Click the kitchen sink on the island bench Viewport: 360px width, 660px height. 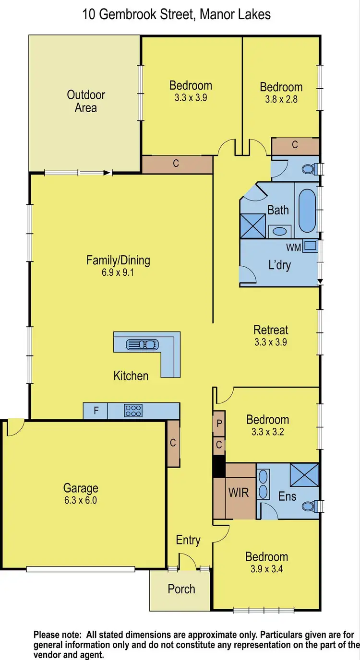[141, 344]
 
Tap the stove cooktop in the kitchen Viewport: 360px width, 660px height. [133, 411]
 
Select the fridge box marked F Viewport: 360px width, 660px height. [96, 411]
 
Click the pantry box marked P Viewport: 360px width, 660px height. [219, 423]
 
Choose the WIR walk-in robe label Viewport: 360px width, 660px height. [239, 492]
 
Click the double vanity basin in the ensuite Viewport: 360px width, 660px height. [264, 484]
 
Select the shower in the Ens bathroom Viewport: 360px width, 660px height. [304, 476]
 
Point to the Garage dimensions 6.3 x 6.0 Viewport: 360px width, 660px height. [81, 501]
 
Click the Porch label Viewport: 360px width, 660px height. [181, 589]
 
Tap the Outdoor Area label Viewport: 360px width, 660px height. [86, 101]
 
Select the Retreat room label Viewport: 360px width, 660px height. [271, 330]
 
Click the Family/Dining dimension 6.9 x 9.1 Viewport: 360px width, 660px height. [118, 273]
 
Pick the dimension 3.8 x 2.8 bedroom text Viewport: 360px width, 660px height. [281, 99]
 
